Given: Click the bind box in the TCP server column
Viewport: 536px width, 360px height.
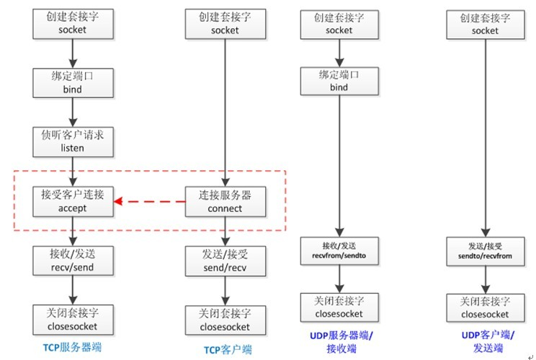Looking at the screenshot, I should [x=73, y=83].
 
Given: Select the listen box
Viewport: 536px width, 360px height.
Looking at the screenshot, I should [x=73, y=141].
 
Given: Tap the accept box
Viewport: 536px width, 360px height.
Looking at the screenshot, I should [x=73, y=201].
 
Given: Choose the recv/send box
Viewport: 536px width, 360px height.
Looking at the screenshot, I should [x=73, y=260].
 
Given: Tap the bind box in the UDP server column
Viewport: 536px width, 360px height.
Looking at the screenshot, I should [x=339, y=80].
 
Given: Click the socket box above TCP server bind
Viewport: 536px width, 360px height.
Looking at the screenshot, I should [x=73, y=24].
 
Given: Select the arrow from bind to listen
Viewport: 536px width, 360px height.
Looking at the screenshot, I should [x=73, y=112].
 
